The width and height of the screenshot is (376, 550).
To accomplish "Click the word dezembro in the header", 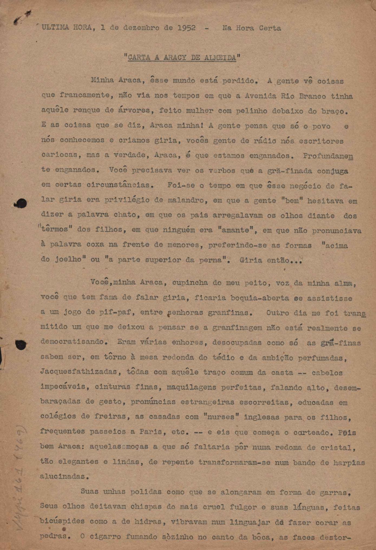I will [x=141, y=28].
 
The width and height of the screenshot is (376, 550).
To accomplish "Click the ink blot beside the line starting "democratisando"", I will [x=21, y=345].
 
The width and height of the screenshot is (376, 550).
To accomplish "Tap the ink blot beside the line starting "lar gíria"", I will [x=21, y=203].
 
